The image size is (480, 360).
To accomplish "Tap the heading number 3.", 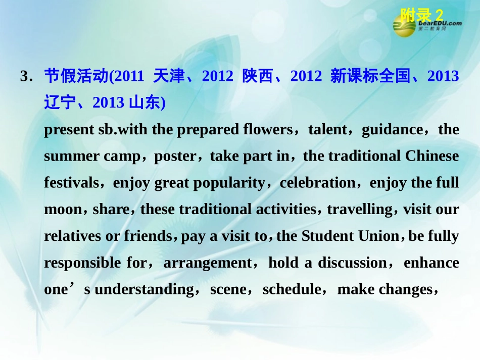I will (24, 77).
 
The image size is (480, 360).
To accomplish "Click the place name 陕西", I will (258, 76).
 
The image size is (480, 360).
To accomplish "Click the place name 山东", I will (145, 103).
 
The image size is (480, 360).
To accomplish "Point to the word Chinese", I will (432, 157).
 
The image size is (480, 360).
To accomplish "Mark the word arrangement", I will (207, 263).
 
